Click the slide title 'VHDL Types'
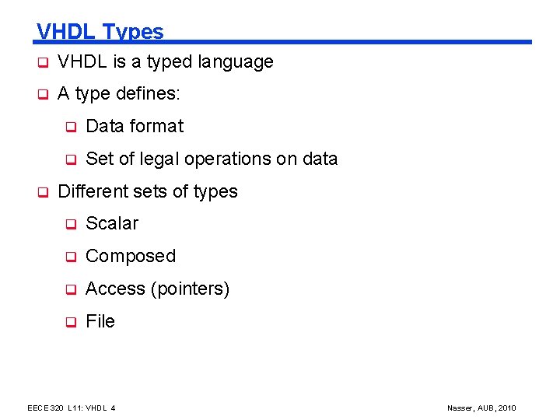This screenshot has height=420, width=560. point(100,31)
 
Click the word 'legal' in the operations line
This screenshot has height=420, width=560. point(154,159)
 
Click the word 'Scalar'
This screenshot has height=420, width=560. point(112,223)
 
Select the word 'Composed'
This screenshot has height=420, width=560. point(131,256)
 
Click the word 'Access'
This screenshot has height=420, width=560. point(116,289)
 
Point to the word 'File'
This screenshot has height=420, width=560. point(100,321)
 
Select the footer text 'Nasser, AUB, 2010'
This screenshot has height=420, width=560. point(481,408)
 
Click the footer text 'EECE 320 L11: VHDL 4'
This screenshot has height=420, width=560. point(72,408)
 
